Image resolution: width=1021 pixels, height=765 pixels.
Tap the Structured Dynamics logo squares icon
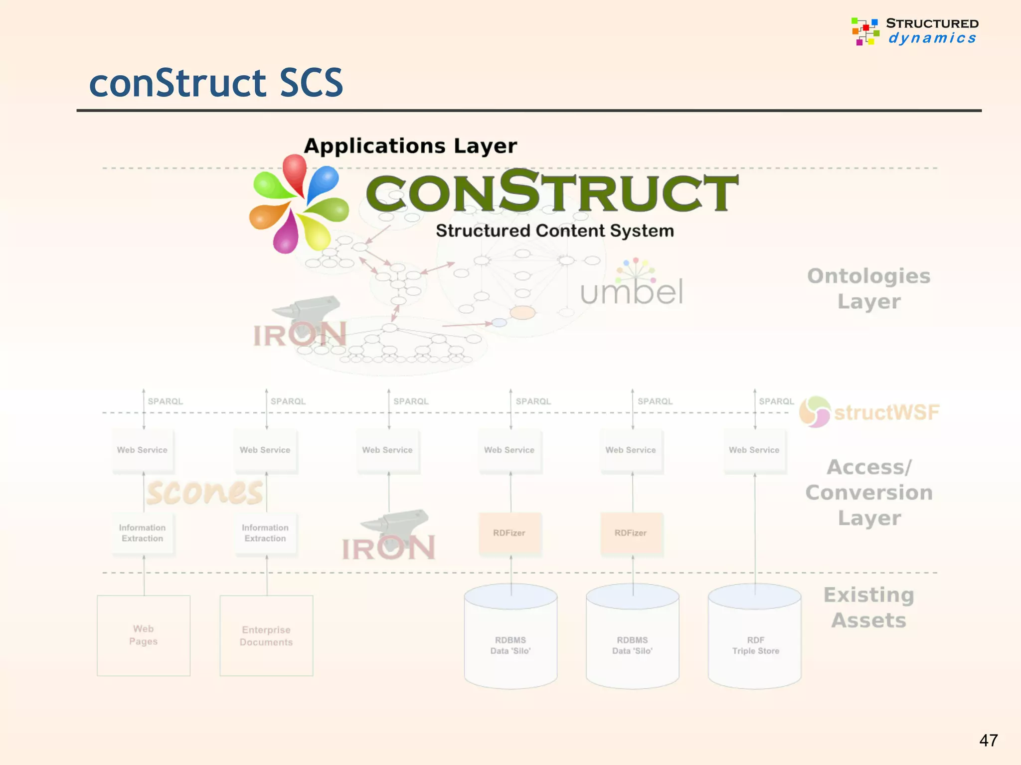(865, 31)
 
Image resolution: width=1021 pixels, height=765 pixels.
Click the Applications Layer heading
(410, 146)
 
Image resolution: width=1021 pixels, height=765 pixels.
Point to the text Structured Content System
(554, 231)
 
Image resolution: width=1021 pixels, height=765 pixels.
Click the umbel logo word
(631, 291)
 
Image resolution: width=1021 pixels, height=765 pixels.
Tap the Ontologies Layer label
(868, 288)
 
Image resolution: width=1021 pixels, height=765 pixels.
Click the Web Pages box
(144, 636)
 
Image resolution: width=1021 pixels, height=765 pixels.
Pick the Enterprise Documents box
(266, 636)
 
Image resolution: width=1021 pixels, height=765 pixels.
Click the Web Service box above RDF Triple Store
(754, 450)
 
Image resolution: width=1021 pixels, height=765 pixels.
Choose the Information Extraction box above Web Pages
(143, 533)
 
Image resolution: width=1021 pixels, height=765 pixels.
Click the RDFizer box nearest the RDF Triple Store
(631, 533)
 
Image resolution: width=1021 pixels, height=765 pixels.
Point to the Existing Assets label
(868, 608)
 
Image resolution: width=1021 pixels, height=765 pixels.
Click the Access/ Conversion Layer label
(868, 492)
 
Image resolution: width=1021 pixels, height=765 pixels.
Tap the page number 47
(988, 740)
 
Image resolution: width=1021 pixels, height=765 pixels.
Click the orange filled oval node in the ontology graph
(522, 313)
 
